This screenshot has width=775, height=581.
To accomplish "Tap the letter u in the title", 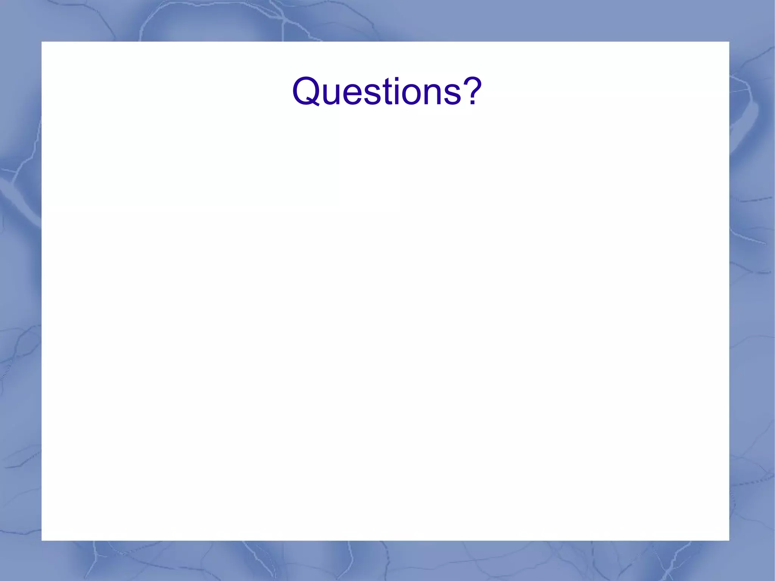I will (x=333, y=95).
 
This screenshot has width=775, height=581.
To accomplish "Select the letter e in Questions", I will (x=355, y=95).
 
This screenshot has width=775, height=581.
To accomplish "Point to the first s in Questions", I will (x=374, y=95).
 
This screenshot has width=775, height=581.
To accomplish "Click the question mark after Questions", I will (x=472, y=91).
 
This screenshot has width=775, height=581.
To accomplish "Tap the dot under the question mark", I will (x=472, y=103).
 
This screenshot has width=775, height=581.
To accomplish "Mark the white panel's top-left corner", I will (x=42, y=42).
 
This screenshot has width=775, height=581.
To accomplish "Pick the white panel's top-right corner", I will (x=728, y=42).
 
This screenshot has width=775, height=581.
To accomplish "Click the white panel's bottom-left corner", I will (x=42, y=540).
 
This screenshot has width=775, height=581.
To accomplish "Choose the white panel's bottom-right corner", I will (x=728, y=540).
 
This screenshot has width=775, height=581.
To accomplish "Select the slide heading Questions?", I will (x=387, y=91).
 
